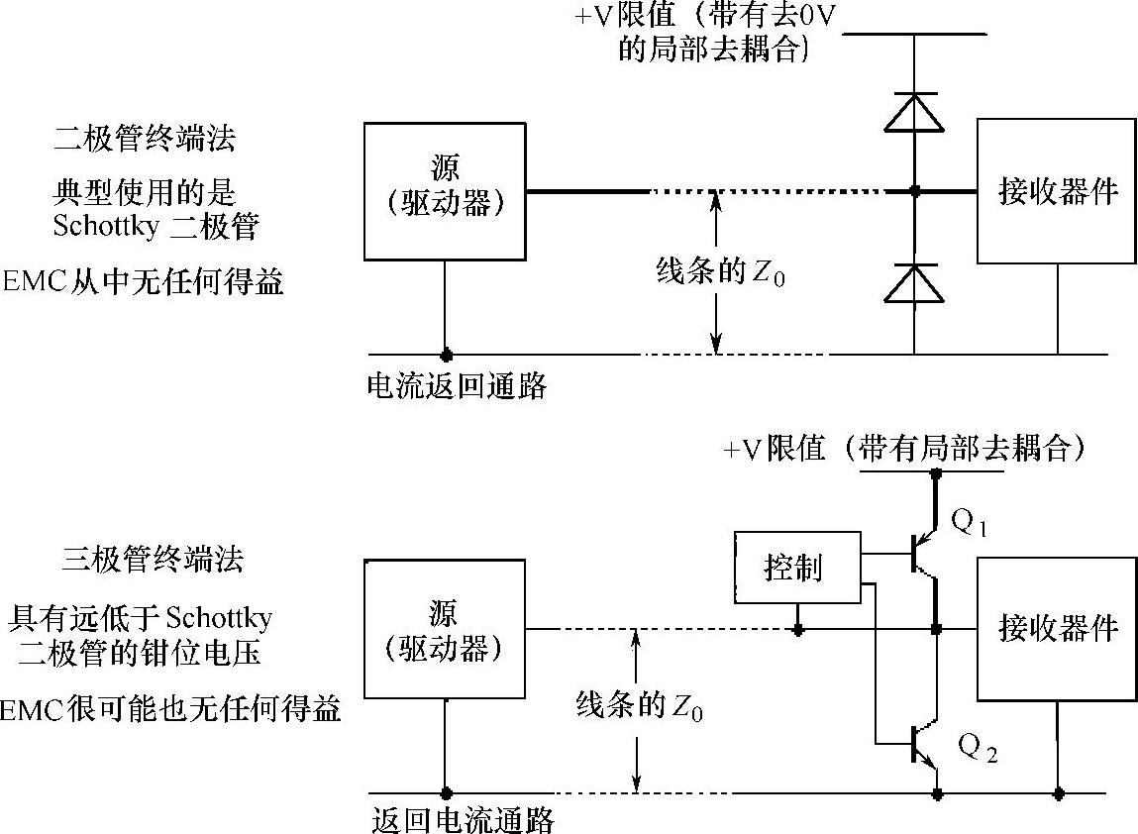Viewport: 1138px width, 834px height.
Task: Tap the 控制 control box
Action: click(x=797, y=568)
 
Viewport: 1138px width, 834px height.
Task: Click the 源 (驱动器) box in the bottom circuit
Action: click(x=445, y=629)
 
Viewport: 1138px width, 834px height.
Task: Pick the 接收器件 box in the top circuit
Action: click(x=1056, y=191)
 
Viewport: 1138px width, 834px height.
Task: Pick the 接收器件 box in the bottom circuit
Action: click(x=1056, y=628)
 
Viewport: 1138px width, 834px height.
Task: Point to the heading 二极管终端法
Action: click(x=144, y=139)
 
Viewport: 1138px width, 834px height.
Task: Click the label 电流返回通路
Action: click(x=457, y=385)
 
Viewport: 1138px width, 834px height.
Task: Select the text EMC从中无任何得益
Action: click(x=143, y=282)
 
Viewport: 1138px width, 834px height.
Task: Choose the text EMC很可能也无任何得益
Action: click(x=170, y=710)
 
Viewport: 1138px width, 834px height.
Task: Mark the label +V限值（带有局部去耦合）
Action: click(x=905, y=449)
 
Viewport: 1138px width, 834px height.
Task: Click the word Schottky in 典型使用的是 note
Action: click(x=105, y=227)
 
